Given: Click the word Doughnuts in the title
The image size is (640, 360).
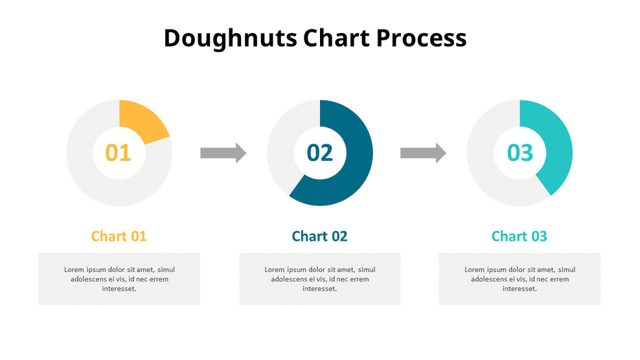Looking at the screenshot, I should (230, 38).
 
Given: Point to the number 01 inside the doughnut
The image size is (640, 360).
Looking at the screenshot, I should (119, 153).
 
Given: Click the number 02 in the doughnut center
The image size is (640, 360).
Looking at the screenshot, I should (319, 153).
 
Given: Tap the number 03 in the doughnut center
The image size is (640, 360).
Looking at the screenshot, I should (520, 153).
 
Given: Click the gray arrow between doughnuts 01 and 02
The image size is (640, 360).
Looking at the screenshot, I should (223, 153).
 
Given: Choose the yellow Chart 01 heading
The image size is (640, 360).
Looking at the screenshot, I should (119, 236).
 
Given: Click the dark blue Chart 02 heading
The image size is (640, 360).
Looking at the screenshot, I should (319, 236).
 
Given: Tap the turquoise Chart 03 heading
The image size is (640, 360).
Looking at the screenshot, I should (520, 236).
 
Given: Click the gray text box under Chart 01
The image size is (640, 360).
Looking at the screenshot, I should (119, 278).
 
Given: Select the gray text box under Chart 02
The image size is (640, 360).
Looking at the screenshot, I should (319, 278).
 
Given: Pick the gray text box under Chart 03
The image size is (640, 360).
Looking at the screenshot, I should (520, 278).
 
